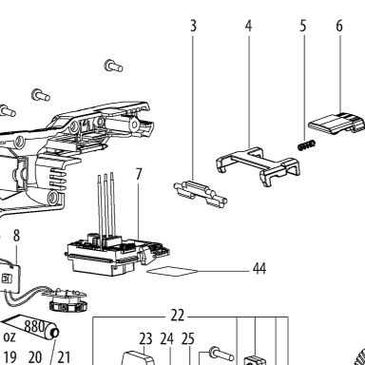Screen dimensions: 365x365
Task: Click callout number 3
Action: click(193, 26)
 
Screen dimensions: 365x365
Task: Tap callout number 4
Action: click(248, 26)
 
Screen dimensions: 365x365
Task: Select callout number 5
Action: click(303, 26)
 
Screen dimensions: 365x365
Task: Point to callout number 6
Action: click(339, 26)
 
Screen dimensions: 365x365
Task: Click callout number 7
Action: click(139, 174)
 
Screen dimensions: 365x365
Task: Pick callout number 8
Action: click(16, 236)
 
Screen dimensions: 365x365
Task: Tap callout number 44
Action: click(259, 268)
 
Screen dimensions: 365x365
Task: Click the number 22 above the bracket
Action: click(177, 316)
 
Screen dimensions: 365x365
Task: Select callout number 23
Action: click(145, 339)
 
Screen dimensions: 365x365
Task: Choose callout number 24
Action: click(166, 339)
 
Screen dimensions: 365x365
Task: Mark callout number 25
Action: click(187, 339)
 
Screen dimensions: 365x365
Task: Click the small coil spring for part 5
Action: click(307, 145)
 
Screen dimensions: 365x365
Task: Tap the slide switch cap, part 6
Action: click(336, 123)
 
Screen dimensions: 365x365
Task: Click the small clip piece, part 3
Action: click(201, 194)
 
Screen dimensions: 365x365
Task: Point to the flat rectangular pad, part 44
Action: click(172, 271)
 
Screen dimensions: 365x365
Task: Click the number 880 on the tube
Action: click(34, 325)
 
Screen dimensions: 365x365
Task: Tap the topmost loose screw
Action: click(113, 66)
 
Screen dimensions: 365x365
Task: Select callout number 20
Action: click(35, 357)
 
